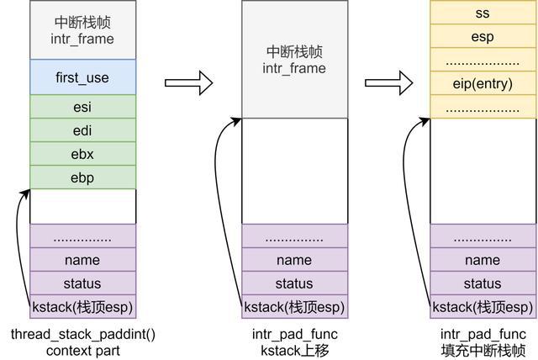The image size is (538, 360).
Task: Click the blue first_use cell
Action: (82, 77)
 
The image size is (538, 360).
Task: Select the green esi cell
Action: (82, 107)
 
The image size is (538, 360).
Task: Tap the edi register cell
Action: (82, 130)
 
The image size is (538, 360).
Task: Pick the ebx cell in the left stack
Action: (82, 154)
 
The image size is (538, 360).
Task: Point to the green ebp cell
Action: (82, 177)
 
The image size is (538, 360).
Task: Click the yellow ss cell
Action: (483, 13)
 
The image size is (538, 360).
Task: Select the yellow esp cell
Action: (483, 36)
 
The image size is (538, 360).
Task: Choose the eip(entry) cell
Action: (483, 83)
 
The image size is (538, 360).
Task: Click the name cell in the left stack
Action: (82, 260)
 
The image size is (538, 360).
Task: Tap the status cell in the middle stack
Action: (294, 283)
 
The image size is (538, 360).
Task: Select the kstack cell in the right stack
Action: (483, 307)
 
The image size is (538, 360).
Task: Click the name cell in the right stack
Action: (483, 260)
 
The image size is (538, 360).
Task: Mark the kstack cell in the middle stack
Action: (294, 307)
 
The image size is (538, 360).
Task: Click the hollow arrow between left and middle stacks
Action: (188, 82)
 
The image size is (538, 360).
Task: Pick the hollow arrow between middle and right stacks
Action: (388, 82)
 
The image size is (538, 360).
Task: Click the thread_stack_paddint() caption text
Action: (82, 334)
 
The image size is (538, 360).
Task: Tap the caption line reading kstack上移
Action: (294, 349)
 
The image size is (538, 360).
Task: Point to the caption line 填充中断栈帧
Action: (483, 349)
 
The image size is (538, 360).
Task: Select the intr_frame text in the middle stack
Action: (294, 67)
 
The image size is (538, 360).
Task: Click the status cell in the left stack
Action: (82, 283)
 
